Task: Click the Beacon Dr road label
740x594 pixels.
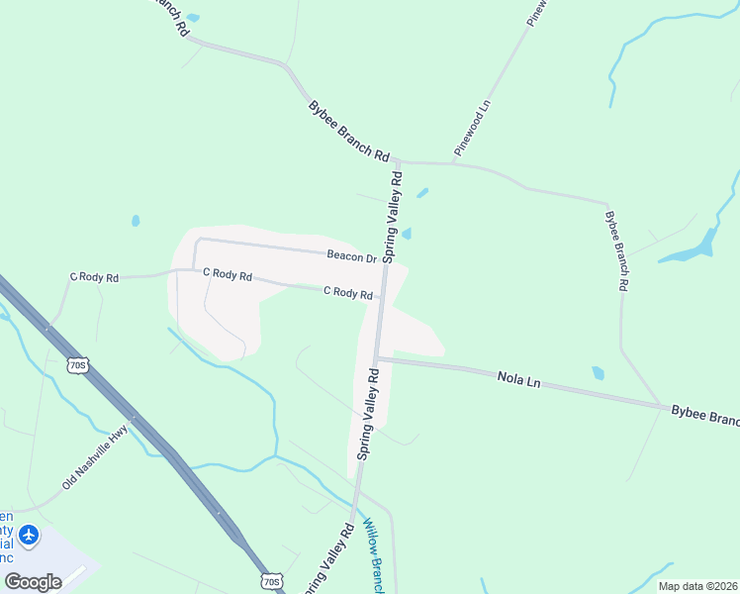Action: pyautogui.click(x=352, y=256)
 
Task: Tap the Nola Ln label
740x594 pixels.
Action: pyautogui.click(x=519, y=378)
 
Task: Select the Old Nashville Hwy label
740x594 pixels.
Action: pyautogui.click(x=95, y=456)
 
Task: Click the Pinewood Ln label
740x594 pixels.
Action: pyautogui.click(x=473, y=129)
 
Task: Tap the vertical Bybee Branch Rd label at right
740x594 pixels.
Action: pyautogui.click(x=615, y=249)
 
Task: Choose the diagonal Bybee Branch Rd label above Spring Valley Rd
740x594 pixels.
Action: pyautogui.click(x=348, y=130)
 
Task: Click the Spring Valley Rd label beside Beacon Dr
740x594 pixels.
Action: pyautogui.click(x=393, y=216)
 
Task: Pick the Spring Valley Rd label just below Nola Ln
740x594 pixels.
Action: pyautogui.click(x=369, y=413)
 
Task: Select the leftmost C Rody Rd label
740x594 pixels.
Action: pyautogui.click(x=93, y=278)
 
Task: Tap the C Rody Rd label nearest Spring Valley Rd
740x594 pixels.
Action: pyautogui.click(x=348, y=293)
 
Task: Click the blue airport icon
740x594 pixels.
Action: pyautogui.click(x=29, y=536)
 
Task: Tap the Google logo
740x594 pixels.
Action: pyautogui.click(x=33, y=581)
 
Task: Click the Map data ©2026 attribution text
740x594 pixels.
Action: pyautogui.click(x=696, y=586)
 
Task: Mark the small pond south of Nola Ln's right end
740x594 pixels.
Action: pyautogui.click(x=598, y=373)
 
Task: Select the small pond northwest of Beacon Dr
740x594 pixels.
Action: pyautogui.click(x=136, y=221)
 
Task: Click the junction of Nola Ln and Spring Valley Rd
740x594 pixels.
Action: pyautogui.click(x=377, y=358)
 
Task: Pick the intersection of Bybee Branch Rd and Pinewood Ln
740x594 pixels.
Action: pyautogui.click(x=452, y=161)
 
